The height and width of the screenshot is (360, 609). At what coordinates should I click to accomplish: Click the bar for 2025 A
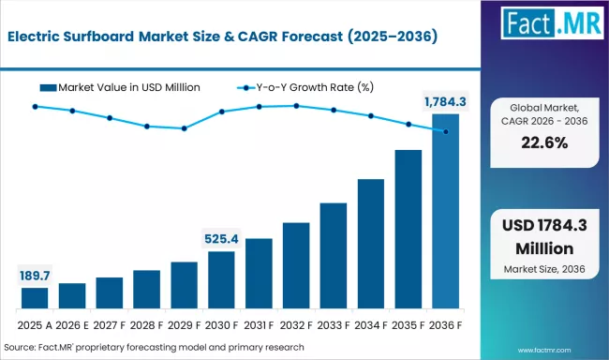35,298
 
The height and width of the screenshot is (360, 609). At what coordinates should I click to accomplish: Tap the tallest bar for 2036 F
445,212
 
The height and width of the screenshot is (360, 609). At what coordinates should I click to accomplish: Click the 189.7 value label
35,276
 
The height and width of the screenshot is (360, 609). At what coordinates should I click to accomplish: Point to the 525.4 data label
221,239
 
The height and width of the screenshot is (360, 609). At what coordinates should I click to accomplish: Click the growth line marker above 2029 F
184,128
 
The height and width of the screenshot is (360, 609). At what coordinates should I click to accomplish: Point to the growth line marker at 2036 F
446,132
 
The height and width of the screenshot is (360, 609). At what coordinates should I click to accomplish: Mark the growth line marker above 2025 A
35,107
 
